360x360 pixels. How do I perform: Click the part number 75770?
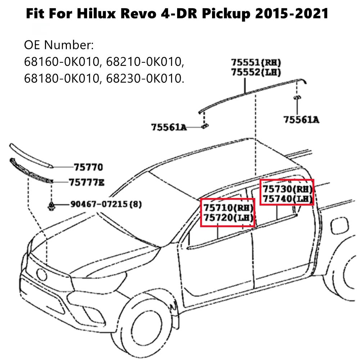(88, 167)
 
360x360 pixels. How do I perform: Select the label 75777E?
(87, 183)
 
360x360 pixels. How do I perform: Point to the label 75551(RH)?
(256, 63)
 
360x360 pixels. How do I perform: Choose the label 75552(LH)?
(256, 72)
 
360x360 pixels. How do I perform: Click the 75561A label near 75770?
(168, 127)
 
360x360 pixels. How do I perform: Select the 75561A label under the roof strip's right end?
(301, 120)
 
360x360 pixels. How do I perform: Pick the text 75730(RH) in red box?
(287, 189)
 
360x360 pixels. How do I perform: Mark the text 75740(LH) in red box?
(287, 198)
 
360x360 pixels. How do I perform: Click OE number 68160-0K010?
(61, 62)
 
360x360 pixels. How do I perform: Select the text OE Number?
(59, 46)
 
